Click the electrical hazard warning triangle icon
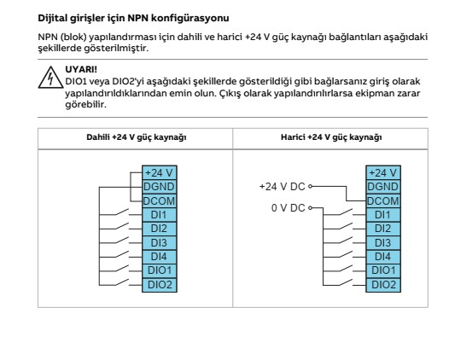pyautogui.click(x=50, y=78)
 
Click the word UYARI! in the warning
pyautogui.click(x=81, y=70)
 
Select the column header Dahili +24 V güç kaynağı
pyautogui.click(x=137, y=137)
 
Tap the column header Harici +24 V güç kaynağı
pyautogui.click(x=331, y=137)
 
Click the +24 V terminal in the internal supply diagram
pyautogui.click(x=160, y=173)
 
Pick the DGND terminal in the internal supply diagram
pyautogui.click(x=160, y=187)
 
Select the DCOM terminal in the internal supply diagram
pyautogui.click(x=160, y=201)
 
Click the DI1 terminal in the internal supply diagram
pyautogui.click(x=160, y=215)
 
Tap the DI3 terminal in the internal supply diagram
pyautogui.click(x=160, y=243)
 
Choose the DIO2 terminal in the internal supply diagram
pyautogui.click(x=160, y=285)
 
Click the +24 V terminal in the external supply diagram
pyautogui.click(x=383, y=173)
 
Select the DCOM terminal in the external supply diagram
pyautogui.click(x=383, y=201)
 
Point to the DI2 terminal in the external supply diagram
pyautogui.click(x=383, y=229)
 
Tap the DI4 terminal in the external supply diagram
pyautogui.click(x=383, y=257)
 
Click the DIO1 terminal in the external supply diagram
pyautogui.click(x=383, y=270)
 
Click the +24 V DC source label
pyautogui.click(x=282, y=187)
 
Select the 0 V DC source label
pyautogui.click(x=289, y=208)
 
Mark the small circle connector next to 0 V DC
pyautogui.click(x=310, y=207)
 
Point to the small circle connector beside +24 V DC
pyautogui.click(x=310, y=186)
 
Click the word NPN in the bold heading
pyautogui.click(x=137, y=18)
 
